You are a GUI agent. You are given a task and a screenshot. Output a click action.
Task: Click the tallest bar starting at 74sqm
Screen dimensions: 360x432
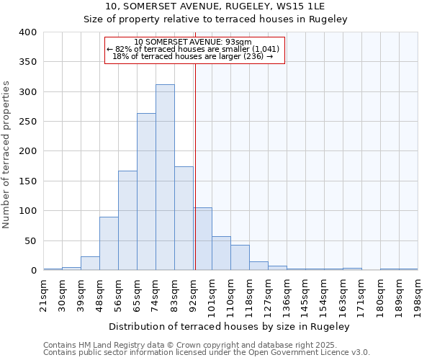click(165, 177)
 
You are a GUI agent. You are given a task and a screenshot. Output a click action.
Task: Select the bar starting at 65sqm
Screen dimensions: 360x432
click(146, 192)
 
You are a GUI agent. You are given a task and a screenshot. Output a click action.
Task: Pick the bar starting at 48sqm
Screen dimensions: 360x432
click(109, 243)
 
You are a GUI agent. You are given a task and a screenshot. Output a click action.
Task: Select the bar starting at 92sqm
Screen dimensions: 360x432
click(203, 239)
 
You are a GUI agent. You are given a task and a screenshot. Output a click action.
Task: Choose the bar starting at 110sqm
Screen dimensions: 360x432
click(240, 258)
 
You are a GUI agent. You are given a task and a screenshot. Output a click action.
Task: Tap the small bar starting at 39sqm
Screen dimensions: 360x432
click(90, 264)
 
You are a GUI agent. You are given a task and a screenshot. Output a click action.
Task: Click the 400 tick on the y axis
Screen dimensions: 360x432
click(28, 32)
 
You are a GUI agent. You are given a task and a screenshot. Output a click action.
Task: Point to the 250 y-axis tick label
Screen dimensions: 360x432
click(28, 122)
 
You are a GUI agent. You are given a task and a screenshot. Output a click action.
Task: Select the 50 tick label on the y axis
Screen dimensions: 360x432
click(31, 240)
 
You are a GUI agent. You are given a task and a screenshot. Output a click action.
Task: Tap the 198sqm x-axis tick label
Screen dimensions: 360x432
click(418, 294)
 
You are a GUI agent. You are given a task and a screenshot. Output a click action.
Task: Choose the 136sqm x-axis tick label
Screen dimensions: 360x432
click(287, 294)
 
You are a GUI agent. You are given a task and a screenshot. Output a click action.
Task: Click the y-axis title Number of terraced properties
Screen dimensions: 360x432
click(7, 154)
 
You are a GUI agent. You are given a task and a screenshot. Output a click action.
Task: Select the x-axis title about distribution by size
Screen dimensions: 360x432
click(230, 326)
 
